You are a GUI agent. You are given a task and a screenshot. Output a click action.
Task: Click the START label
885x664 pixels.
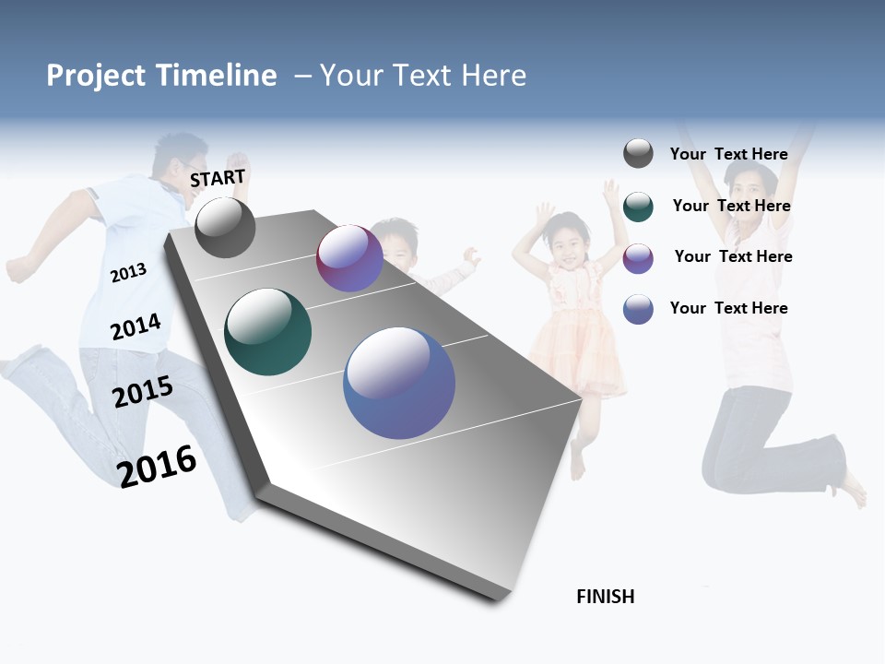(x=218, y=177)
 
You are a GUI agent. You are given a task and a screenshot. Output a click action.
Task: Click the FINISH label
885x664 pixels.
(x=605, y=597)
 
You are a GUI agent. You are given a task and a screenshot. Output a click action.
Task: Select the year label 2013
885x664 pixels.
(x=128, y=273)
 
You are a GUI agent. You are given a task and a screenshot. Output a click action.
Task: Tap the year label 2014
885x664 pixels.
(x=136, y=327)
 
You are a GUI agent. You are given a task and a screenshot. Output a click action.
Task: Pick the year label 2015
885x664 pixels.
(x=143, y=392)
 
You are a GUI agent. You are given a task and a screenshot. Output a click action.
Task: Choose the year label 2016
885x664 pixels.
(x=157, y=466)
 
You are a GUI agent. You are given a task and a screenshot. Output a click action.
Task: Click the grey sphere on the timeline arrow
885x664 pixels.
(x=225, y=228)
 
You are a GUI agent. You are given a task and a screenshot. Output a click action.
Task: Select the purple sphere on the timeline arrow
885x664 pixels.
(x=349, y=258)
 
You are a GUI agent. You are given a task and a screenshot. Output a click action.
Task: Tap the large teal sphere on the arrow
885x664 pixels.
(x=267, y=332)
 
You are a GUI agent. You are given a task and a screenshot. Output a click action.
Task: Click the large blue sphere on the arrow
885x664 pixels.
(x=399, y=383)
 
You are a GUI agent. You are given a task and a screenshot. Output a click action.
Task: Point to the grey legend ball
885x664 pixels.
(x=638, y=153)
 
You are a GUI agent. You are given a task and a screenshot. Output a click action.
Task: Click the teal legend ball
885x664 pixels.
(x=638, y=207)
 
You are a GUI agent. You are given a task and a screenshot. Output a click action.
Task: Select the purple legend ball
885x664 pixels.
(x=638, y=258)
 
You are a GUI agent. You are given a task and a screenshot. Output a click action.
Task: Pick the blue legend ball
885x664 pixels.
(x=638, y=309)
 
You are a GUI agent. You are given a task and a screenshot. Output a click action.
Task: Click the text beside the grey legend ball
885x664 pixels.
(x=728, y=154)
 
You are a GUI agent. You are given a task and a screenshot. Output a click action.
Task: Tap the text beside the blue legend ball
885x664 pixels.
(x=728, y=308)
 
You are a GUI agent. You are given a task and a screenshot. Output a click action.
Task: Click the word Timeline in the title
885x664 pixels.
(x=216, y=76)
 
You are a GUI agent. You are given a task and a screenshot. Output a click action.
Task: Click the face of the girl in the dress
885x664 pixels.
(x=563, y=248)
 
